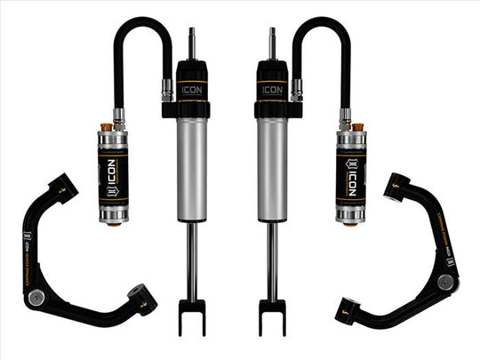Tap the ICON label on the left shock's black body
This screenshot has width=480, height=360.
click(192, 89)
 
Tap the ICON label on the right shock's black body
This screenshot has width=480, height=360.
click(271, 89)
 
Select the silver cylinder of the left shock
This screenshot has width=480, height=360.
click(192, 169)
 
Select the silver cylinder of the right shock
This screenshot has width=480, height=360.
click(272, 169)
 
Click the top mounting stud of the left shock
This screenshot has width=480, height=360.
click(191, 43)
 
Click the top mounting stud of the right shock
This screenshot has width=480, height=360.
click(272, 43)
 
